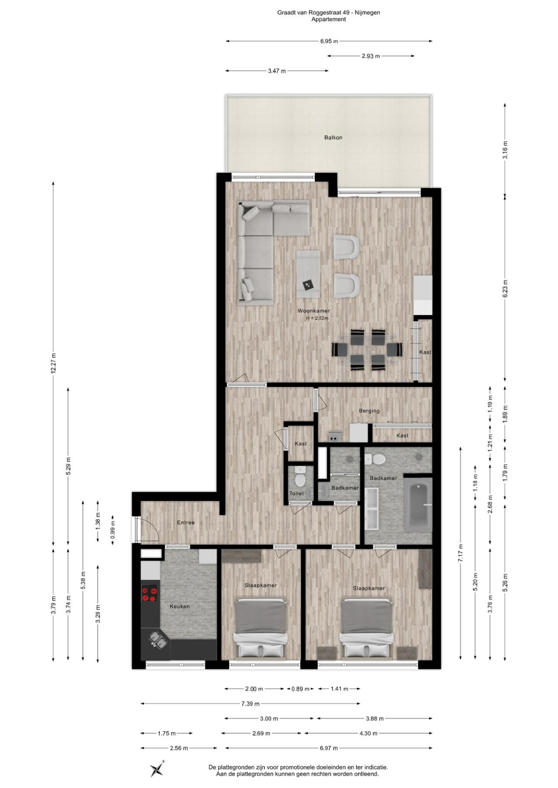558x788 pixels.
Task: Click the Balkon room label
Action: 333,138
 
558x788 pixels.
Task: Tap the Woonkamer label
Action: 313,311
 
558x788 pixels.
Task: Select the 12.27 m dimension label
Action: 53,363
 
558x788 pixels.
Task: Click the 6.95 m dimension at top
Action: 329,41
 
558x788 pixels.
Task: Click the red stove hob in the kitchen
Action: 149,594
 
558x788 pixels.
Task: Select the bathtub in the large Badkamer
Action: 418,505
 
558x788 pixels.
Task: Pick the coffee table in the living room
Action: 308,272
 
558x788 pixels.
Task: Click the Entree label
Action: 186,522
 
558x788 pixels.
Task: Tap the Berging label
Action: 369,411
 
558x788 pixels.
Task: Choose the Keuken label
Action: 180,606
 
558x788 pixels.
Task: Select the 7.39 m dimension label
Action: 250,704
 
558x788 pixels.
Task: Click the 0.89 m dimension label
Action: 300,689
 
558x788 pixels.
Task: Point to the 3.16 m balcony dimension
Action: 505,150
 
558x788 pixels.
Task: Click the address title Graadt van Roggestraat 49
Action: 328,13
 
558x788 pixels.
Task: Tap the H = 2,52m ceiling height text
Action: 317,318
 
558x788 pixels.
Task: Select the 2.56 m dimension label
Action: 179,748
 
